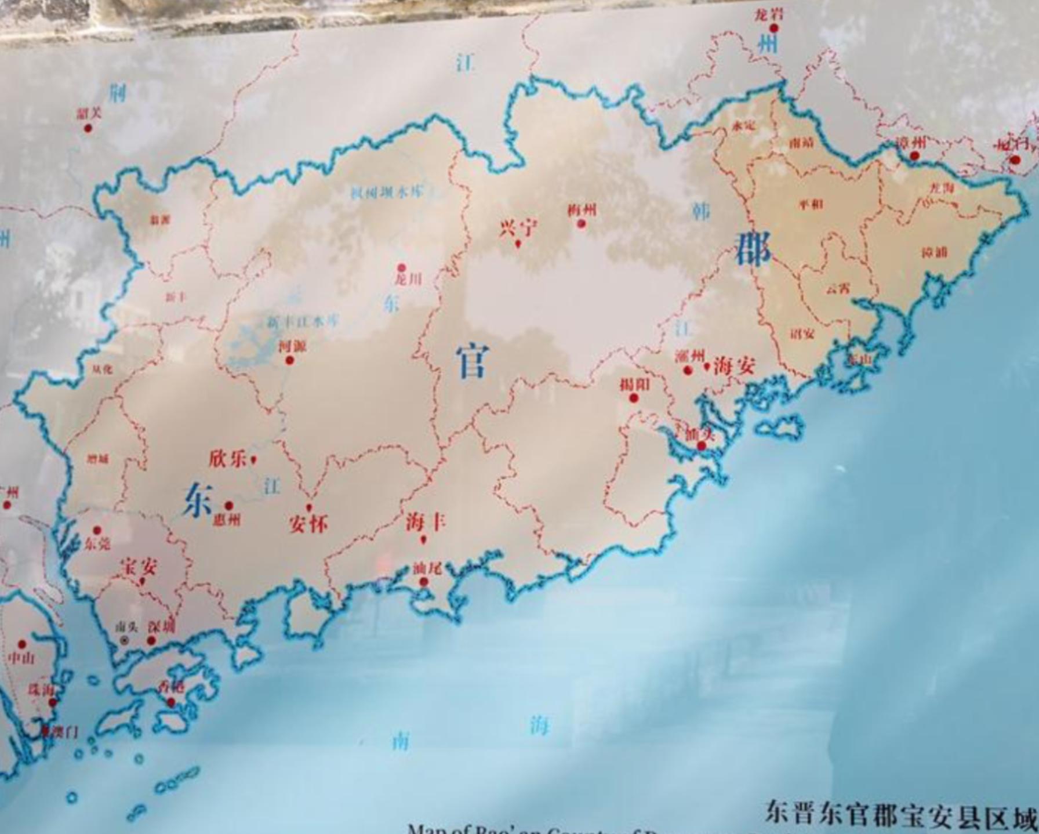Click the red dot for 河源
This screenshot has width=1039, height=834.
point(289,360)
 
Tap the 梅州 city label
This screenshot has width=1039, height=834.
point(581,211)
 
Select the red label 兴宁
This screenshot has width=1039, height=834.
point(518,228)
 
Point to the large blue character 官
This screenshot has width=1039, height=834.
point(472,360)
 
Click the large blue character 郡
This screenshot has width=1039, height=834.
point(753,249)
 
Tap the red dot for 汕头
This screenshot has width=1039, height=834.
point(702,445)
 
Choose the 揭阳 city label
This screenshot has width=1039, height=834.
point(634,385)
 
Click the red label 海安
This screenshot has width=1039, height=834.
point(735,366)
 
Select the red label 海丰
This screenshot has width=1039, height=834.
point(425,522)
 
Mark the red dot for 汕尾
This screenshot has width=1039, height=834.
point(424,582)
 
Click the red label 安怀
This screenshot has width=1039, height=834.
point(308,524)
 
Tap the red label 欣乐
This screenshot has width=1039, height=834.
point(227,459)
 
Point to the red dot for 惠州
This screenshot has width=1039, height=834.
point(229,506)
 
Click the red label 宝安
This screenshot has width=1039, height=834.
point(139,566)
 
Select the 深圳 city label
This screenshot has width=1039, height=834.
point(161,626)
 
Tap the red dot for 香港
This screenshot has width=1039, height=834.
point(171,702)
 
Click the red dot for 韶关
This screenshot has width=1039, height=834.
point(88,128)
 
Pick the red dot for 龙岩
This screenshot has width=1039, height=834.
point(773,28)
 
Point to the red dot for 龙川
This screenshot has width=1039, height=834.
point(401,267)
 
